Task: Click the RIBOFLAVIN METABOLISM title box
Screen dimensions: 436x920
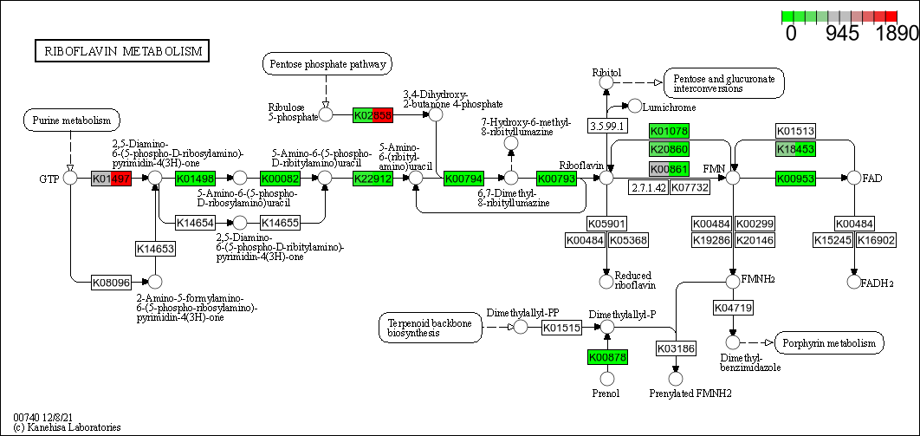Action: (120, 51)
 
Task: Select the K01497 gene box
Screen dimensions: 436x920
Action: (111, 178)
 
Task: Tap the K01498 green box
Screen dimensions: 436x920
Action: (196, 178)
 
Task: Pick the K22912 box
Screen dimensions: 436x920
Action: (373, 178)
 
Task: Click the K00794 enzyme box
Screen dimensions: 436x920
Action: (463, 178)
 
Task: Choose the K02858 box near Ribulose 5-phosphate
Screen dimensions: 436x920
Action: (373, 114)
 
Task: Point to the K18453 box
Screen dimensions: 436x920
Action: (795, 149)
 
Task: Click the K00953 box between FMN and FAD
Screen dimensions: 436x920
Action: (795, 178)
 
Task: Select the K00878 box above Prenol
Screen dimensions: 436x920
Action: (607, 356)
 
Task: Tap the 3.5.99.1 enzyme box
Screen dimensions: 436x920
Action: (607, 126)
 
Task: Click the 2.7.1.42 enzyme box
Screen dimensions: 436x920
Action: (648, 187)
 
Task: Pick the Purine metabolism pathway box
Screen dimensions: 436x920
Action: (71, 120)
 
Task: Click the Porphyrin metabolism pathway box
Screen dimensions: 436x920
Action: (829, 343)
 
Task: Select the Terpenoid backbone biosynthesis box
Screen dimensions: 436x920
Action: (430, 327)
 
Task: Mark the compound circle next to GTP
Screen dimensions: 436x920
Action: (71, 178)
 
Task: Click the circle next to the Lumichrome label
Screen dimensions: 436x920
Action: (635, 106)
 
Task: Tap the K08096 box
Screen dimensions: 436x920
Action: (111, 282)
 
